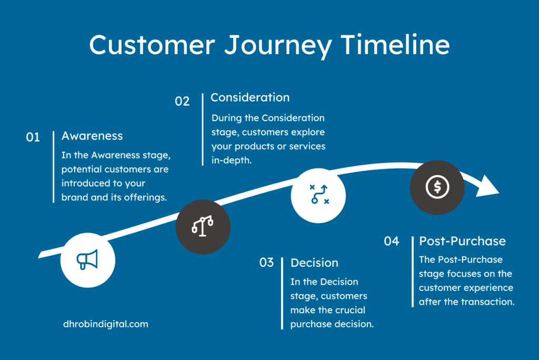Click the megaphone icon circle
(87, 259)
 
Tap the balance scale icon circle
(203, 227)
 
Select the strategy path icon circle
(318, 195)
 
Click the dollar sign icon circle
(437, 186)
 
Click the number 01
(33, 137)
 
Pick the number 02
(182, 101)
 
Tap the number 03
(267, 262)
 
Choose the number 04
(392, 242)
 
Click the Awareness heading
(92, 136)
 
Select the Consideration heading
(250, 97)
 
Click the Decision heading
(314, 263)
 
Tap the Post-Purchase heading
(462, 241)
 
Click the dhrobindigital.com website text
(105, 324)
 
